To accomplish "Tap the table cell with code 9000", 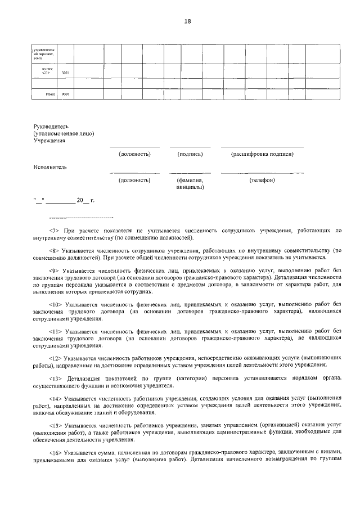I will (65, 95).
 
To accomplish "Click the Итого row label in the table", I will (46, 95).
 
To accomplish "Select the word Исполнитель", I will (50, 167).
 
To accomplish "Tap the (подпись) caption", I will (190, 154).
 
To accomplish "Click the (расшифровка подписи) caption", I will (262, 154).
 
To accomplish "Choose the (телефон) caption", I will (262, 181).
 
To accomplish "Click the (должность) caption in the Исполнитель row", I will (134, 181).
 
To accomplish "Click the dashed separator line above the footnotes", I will (82, 218).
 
